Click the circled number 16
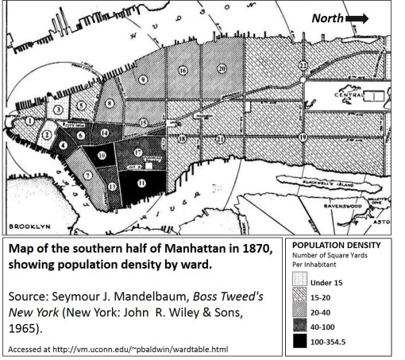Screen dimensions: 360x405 tap(183, 70)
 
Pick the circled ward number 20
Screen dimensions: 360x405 tap(222, 69)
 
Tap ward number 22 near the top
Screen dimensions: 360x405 tap(303, 64)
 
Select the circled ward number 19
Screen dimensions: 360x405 tap(303, 137)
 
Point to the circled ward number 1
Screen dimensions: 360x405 tap(29, 121)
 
